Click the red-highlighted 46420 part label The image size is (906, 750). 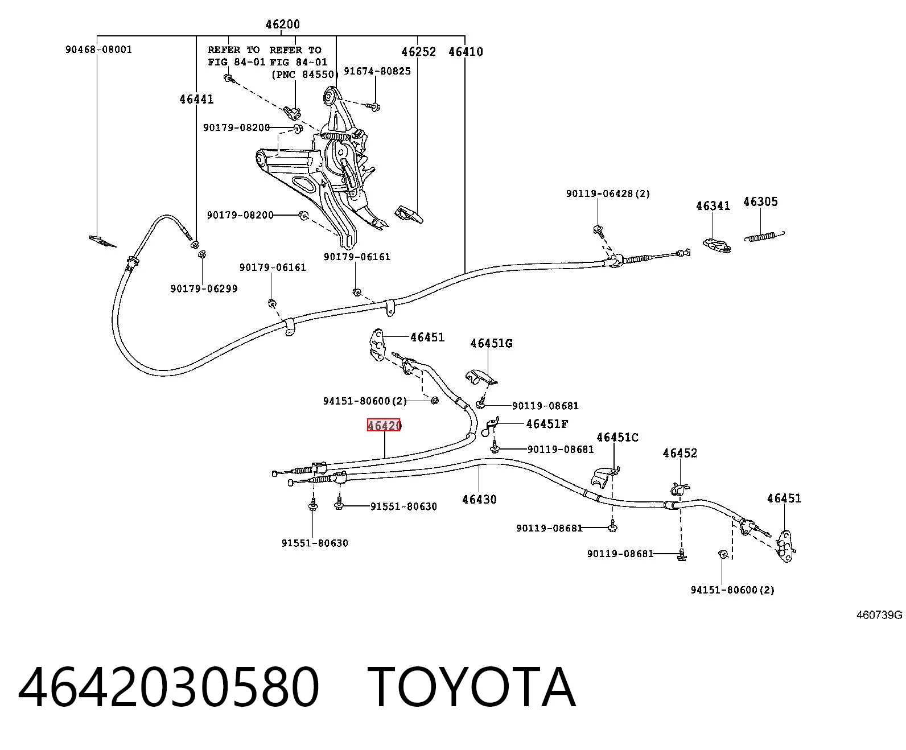click(x=384, y=425)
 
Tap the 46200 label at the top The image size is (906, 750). click(x=282, y=24)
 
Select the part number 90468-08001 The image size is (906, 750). click(x=98, y=50)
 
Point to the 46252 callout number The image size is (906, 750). click(x=418, y=52)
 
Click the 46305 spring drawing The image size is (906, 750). click(x=764, y=237)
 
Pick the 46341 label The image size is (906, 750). click(x=713, y=206)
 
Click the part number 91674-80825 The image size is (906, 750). click(x=377, y=71)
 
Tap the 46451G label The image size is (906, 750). click(x=491, y=343)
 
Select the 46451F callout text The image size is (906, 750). click(x=547, y=423)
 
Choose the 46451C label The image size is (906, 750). click(x=617, y=437)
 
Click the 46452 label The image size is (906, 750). click(x=679, y=453)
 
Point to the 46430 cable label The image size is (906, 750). click(x=479, y=500)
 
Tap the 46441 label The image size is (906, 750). click(x=196, y=100)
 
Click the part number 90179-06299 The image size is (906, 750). click(x=204, y=289)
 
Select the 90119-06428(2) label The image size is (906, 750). click(x=608, y=193)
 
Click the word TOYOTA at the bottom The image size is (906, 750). click(x=471, y=689)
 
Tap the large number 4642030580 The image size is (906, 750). click(x=169, y=689)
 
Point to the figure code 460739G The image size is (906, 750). click(x=879, y=615)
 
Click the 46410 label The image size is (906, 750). click(x=466, y=52)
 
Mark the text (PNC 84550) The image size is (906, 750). click(x=304, y=75)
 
